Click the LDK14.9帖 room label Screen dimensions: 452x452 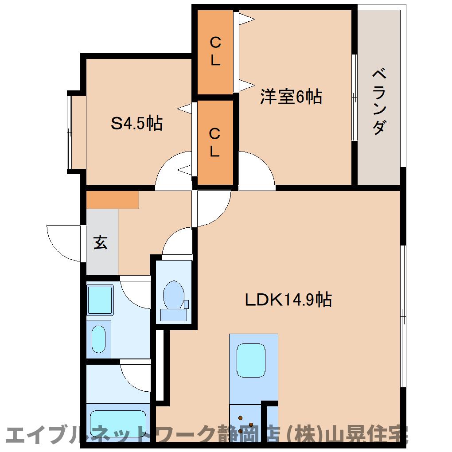point(288,300)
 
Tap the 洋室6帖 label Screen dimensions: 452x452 point(291,97)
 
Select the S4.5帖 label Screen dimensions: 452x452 point(136,123)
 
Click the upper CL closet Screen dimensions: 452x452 point(215,51)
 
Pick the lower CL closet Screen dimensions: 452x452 point(215,142)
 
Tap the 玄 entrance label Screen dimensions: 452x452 point(101,242)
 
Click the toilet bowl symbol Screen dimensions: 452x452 point(174,294)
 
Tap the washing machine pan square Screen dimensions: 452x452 point(100,300)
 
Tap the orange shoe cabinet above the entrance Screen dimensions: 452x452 point(113,200)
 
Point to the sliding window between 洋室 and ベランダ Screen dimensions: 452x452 point(354,97)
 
